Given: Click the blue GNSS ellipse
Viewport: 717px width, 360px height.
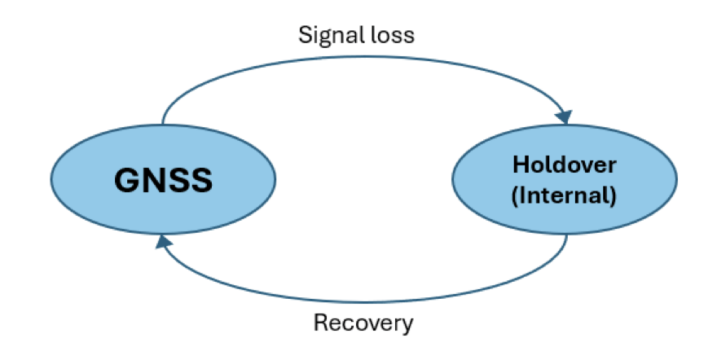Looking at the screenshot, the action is point(163,179).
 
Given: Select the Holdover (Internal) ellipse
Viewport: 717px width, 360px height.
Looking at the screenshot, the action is point(565,179).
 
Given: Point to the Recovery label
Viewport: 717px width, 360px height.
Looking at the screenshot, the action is point(363,323).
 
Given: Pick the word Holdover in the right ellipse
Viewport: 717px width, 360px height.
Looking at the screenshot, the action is point(565,165).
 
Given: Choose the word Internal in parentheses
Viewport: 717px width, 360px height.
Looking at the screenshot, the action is point(565,195).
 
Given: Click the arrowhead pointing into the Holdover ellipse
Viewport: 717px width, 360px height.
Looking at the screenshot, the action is point(565,117).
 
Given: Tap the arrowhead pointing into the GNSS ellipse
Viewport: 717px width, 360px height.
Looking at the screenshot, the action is point(163,241).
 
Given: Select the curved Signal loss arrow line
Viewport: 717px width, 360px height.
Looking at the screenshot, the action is point(366,57).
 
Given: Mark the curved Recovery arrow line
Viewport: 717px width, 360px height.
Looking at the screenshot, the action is point(366,302).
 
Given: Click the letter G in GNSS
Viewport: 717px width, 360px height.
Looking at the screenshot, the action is point(127,180).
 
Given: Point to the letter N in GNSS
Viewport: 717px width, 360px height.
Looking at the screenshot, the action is point(155,180).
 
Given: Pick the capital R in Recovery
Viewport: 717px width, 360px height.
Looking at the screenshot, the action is point(320,323).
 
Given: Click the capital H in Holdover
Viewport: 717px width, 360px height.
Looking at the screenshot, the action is point(521,165).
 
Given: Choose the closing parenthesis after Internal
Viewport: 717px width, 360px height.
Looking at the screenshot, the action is point(613,196).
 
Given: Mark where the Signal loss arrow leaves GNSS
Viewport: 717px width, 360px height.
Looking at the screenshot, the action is point(163,125).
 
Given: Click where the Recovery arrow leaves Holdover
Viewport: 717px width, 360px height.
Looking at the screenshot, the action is point(567,235).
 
